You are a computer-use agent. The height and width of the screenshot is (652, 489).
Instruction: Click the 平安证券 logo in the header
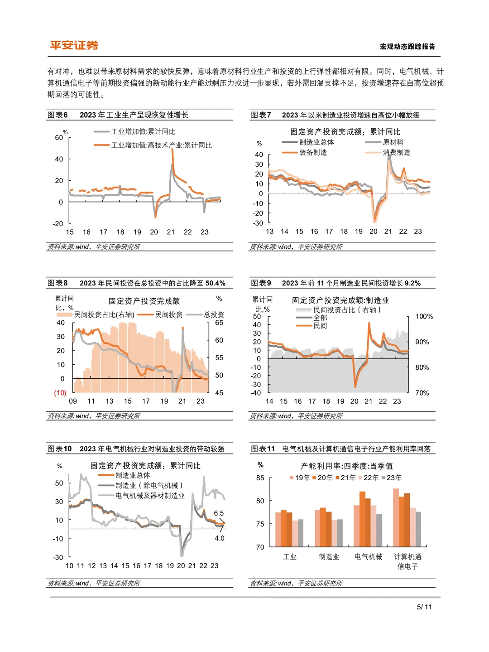point(74,45)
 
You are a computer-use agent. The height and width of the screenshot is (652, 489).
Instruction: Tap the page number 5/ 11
point(424,607)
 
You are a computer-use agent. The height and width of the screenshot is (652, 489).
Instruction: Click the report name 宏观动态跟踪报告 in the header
point(407,47)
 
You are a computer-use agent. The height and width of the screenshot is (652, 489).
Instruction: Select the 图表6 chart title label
point(58,115)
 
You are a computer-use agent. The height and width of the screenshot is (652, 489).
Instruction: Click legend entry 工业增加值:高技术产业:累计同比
point(153,145)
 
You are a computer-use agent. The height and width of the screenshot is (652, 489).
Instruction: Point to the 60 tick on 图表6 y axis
point(59,138)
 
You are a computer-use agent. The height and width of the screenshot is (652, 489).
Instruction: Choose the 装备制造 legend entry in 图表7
point(304,152)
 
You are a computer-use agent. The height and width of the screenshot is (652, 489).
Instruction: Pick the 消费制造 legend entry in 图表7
point(388,152)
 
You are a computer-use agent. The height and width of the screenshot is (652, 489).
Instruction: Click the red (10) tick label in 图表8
point(60,393)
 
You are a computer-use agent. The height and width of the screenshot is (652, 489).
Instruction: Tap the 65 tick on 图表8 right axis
point(219,323)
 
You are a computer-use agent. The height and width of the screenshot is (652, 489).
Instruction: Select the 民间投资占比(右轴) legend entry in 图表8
point(96,314)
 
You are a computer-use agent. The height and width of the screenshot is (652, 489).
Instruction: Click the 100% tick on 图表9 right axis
point(424,316)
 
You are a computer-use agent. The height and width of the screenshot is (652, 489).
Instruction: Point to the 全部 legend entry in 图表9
point(312,318)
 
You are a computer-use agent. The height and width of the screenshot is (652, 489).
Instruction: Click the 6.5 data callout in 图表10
point(219,513)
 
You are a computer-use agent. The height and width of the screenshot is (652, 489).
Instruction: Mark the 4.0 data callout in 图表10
point(219,538)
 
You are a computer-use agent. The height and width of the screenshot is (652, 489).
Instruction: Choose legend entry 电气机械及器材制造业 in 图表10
point(141,496)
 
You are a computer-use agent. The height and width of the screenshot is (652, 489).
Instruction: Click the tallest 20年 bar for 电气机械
point(362,519)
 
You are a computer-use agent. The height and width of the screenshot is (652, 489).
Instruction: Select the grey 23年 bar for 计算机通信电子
point(418,529)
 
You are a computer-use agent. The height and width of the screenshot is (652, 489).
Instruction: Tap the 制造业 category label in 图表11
point(329,557)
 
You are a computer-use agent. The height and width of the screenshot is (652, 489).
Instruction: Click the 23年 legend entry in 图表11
point(392,478)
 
